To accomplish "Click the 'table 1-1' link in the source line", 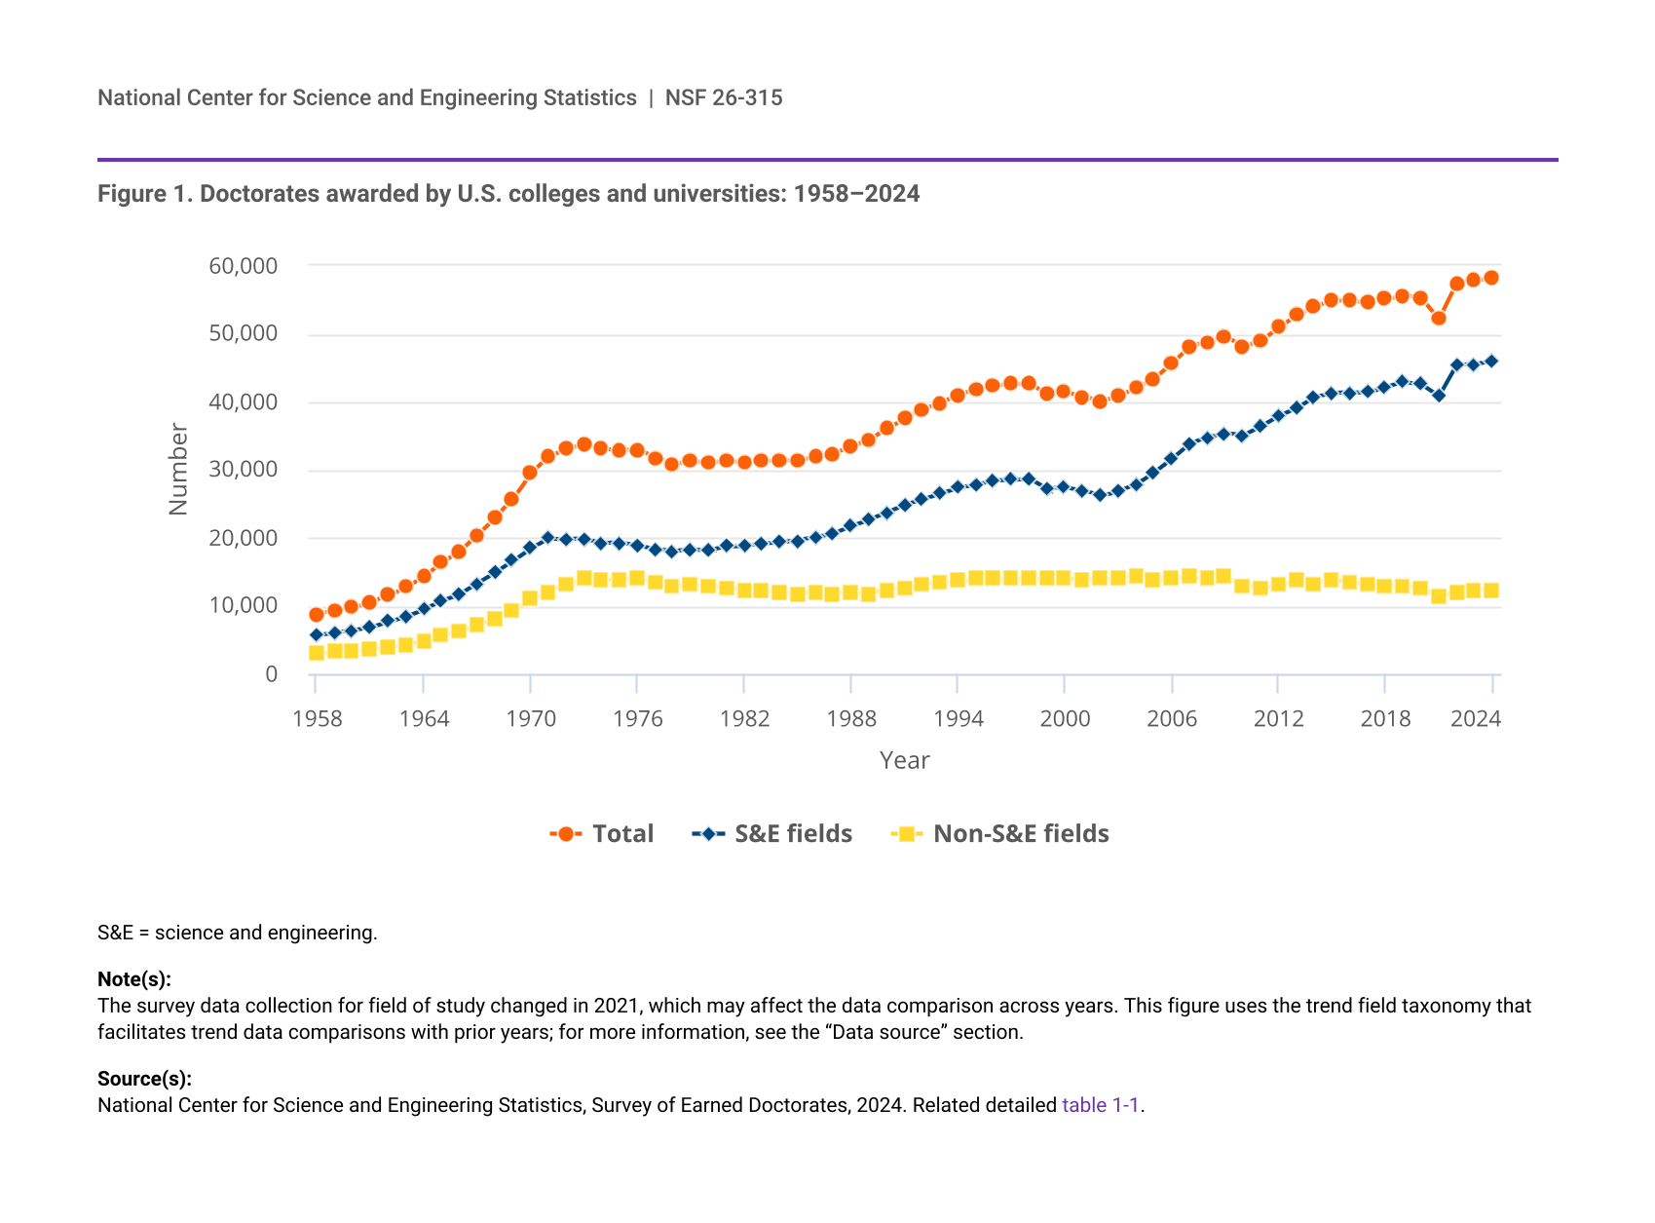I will [x=1100, y=1105].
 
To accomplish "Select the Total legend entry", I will [x=602, y=833].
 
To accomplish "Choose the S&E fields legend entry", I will [x=772, y=833].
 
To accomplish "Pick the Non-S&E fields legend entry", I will [x=1000, y=833].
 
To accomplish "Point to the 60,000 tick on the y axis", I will [x=243, y=266].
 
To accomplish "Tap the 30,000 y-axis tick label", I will [x=243, y=470].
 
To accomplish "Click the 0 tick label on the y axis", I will [x=271, y=674].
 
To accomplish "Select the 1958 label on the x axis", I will [x=317, y=719].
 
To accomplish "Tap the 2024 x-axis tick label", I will [x=1475, y=719].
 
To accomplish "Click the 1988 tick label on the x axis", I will [x=851, y=719].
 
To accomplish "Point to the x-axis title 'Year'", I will [x=904, y=760].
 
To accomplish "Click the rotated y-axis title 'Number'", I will [x=178, y=469].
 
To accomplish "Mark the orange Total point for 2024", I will [x=1491, y=278].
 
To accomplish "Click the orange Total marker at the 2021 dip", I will [x=1439, y=318].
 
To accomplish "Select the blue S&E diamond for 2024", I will [x=1491, y=361].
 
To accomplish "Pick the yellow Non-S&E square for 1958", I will [x=317, y=653].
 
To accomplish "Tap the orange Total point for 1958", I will [x=317, y=615].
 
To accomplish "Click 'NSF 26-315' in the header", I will [x=724, y=97].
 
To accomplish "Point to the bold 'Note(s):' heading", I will [x=134, y=979].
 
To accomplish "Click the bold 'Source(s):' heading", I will [x=144, y=1079].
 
